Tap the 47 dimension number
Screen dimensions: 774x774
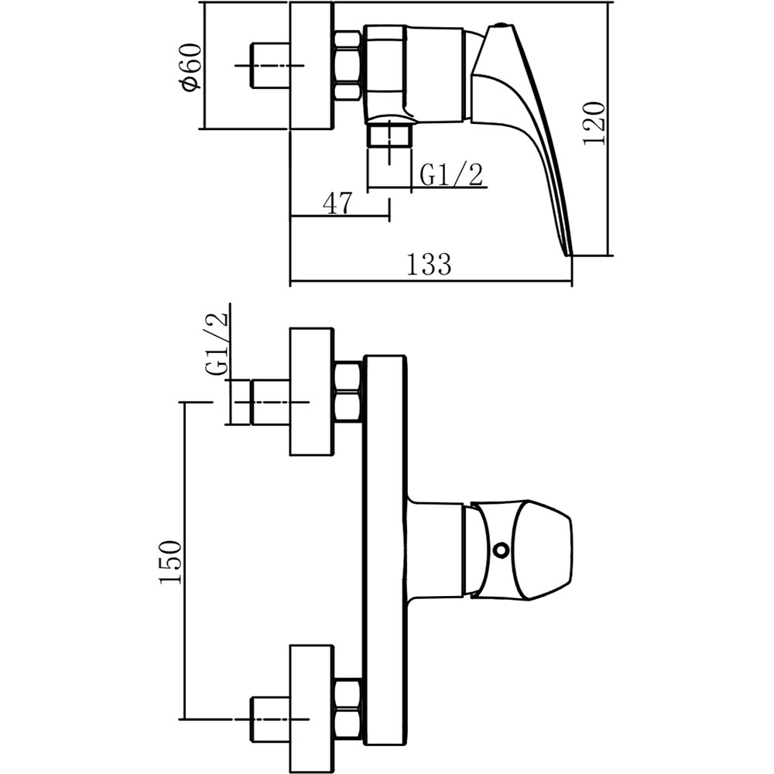coord(337,204)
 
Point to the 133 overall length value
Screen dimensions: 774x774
coord(428,265)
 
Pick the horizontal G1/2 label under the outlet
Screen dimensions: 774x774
coord(451,175)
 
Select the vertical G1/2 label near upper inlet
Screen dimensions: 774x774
coord(218,345)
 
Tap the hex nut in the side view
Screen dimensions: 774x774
coord(348,66)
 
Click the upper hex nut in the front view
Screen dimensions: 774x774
coord(348,392)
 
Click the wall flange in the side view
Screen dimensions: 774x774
coord(312,66)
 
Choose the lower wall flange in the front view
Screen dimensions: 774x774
coord(312,708)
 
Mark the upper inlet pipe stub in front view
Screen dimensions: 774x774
coord(269,402)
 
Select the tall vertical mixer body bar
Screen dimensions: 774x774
coord(385,557)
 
